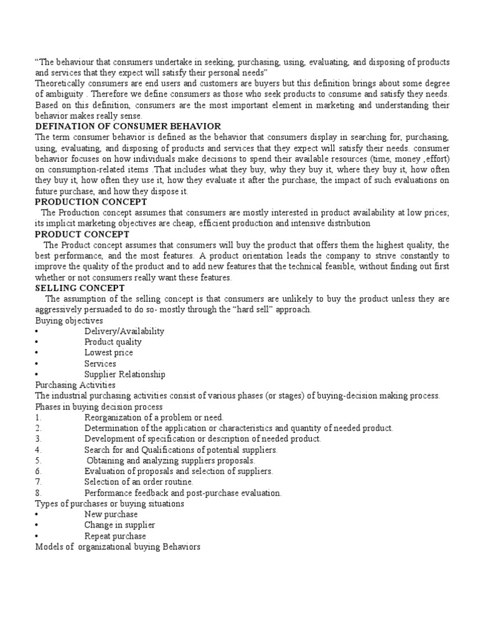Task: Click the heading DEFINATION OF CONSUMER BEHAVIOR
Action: [128, 126]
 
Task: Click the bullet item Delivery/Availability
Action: [124, 332]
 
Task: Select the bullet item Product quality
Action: [113, 342]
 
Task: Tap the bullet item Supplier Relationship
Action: [124, 374]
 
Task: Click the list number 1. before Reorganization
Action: [38, 417]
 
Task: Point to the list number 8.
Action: [38, 493]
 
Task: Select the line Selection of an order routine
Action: [139, 482]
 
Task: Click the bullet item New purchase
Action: [111, 514]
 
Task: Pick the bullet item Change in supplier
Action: [119, 525]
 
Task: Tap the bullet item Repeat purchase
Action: [115, 536]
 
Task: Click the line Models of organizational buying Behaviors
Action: [118, 547]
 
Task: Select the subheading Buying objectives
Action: [68, 320]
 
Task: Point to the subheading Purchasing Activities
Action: [75, 385]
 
